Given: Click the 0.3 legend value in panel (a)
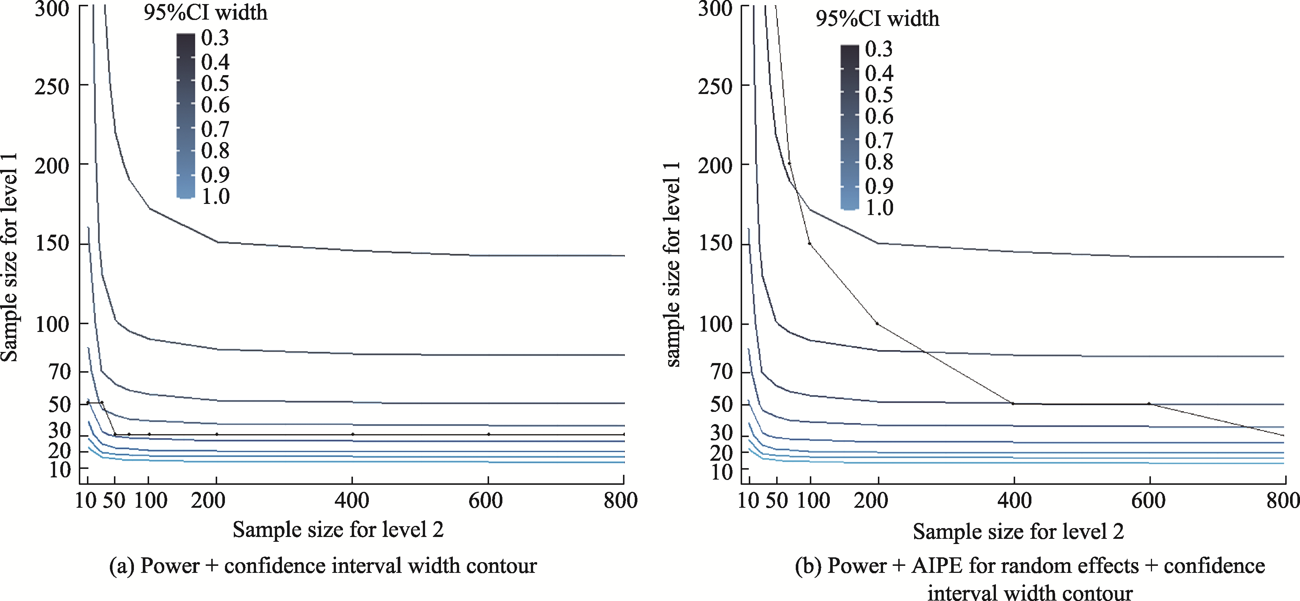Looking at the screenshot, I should click(215, 38).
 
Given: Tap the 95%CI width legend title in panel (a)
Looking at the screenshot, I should click(205, 12).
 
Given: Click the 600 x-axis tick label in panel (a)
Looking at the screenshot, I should click(485, 501).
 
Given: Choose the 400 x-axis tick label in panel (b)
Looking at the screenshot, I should click(1014, 501).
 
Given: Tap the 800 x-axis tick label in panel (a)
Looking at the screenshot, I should click(621, 501).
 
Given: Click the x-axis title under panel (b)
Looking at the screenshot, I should click(1018, 532).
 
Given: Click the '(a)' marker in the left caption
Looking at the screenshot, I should click(121, 566).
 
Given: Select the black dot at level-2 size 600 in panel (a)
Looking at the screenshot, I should click(488, 434).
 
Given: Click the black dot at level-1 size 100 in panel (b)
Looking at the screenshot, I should click(877, 323).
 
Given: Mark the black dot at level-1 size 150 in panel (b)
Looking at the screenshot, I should click(809, 244).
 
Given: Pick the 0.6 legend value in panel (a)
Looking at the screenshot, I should click(215, 105).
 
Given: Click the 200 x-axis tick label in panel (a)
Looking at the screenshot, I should click(208, 501).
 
